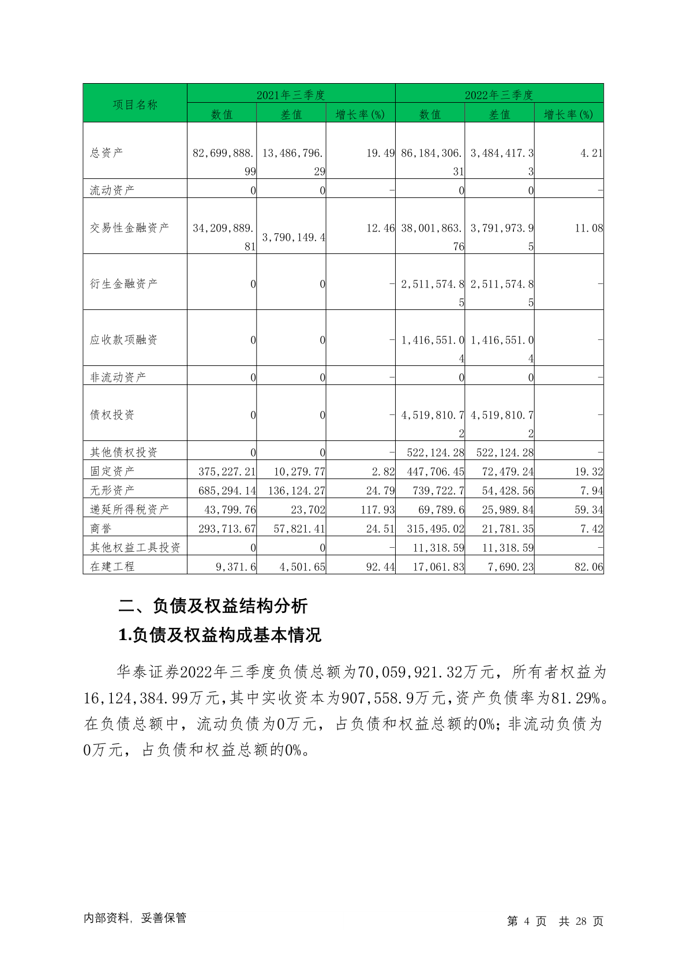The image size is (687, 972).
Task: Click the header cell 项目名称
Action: (135, 104)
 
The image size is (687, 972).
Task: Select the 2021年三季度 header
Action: (291, 95)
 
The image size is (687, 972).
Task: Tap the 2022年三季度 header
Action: (499, 95)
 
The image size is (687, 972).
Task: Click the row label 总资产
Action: (107, 153)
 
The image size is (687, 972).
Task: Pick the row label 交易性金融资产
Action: (130, 228)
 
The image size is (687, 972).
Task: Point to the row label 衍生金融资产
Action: (124, 284)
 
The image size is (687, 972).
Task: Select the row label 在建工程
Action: (112, 566)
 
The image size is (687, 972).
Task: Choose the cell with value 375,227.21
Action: (227, 472)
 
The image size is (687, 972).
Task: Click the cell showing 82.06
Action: (588, 567)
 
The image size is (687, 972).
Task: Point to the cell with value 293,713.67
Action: (227, 529)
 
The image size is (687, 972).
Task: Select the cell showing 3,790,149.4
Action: (294, 237)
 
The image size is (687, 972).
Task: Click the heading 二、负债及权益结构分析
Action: (213, 606)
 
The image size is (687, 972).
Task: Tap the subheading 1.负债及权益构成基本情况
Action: (220, 635)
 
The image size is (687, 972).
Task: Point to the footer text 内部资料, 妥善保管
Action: (135, 918)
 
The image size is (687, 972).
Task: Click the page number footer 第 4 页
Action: (526, 921)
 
